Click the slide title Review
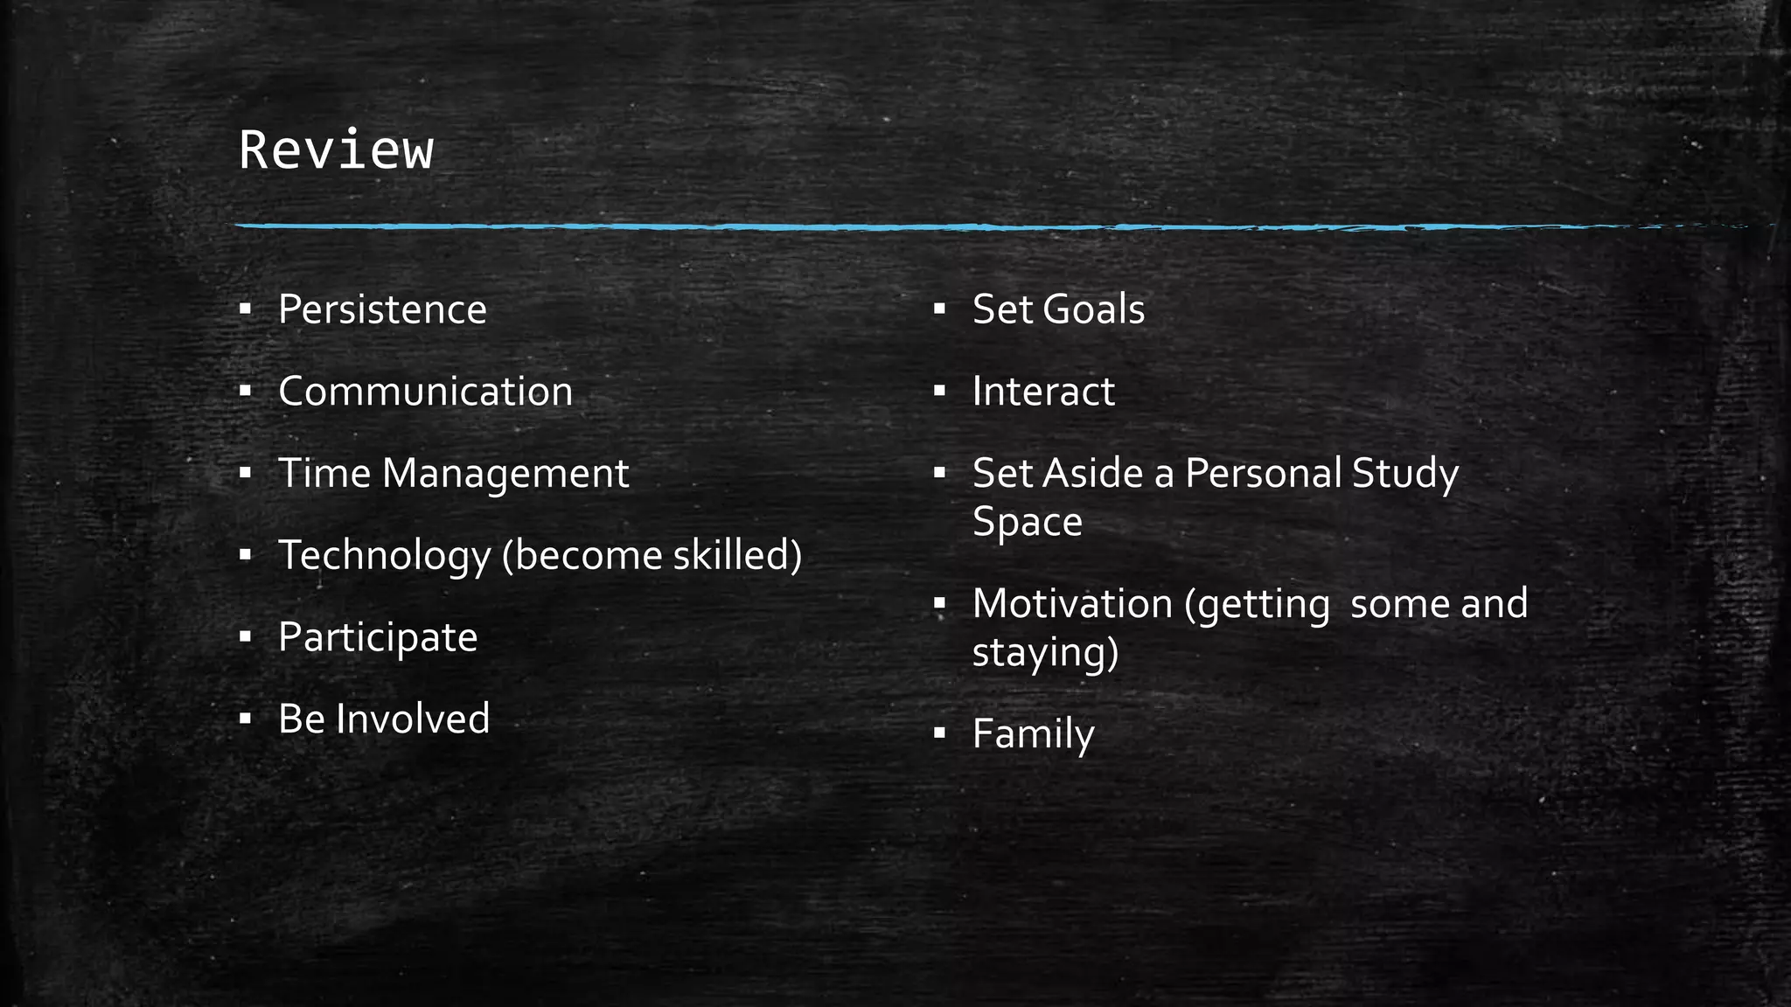336,149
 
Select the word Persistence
382,309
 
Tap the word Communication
425,392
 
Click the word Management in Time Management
505,474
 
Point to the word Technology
385,556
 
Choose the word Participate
378,637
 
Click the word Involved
413,719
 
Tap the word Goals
1094,309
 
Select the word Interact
1043,392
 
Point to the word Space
1027,522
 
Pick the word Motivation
1072,604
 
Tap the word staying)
1045,653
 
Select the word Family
1033,733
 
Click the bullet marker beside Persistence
246,309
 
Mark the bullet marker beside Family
940,733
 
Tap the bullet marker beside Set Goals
940,309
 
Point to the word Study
1405,474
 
